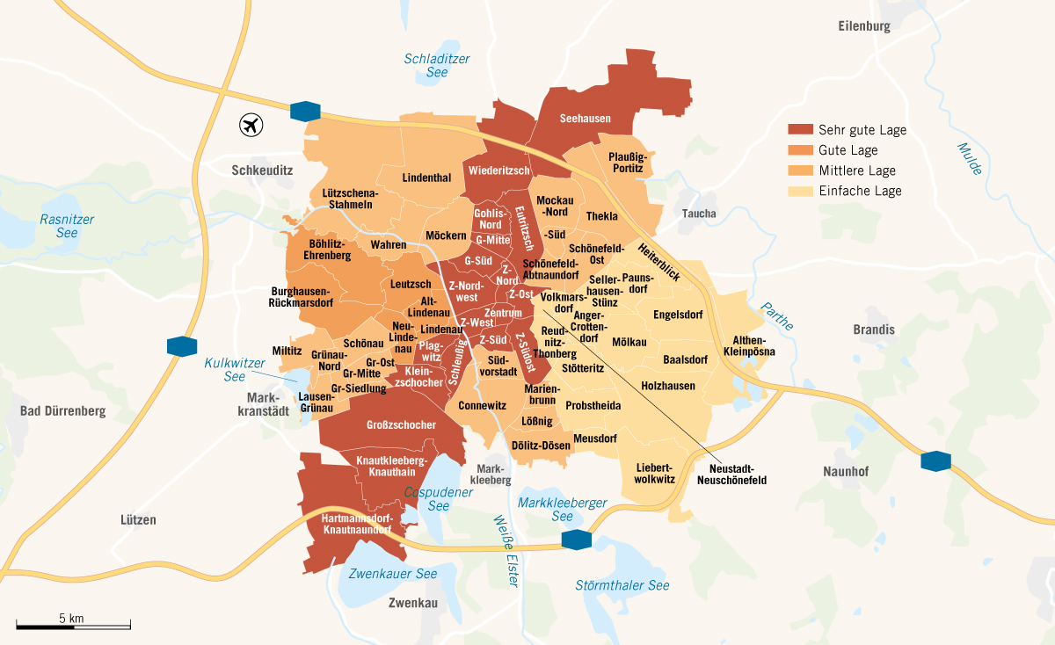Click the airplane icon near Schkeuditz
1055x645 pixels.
[x=251, y=125]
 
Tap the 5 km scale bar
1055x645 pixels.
[x=73, y=626]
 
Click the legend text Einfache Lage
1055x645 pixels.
[x=859, y=191]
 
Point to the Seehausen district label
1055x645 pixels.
[x=585, y=119]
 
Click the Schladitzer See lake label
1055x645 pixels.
[x=437, y=67]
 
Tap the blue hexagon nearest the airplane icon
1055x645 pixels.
[x=305, y=111]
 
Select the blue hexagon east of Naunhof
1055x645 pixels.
[x=935, y=460]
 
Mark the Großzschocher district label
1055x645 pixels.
[x=402, y=425]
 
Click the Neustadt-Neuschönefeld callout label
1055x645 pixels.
[x=731, y=475]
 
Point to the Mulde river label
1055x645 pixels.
[x=968, y=159]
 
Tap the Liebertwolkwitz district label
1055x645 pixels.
[x=654, y=473]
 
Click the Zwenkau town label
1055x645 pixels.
[x=412, y=603]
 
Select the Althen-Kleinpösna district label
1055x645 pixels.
[x=749, y=345]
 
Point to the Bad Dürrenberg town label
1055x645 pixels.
[x=62, y=411]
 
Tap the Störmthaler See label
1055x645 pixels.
[x=622, y=585]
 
